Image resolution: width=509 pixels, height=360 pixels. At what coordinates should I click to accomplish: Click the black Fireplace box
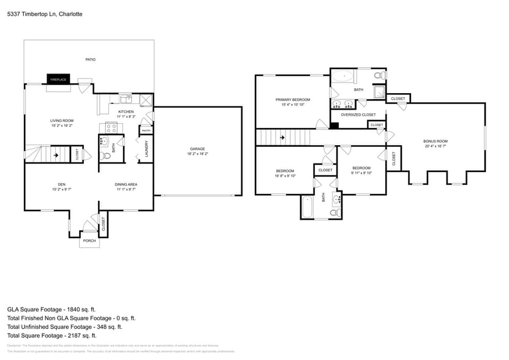coord(58,80)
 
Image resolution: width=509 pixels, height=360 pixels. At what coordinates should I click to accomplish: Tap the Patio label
coord(90,59)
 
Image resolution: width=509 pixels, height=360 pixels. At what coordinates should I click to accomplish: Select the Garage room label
coord(197,149)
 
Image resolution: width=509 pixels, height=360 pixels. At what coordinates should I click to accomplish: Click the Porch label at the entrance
coord(89,241)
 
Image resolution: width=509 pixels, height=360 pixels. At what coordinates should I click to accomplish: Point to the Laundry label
coord(146,149)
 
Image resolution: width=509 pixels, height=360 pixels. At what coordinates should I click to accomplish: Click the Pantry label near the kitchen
coord(146,130)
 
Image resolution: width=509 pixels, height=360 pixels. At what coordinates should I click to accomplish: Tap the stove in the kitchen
coord(112,128)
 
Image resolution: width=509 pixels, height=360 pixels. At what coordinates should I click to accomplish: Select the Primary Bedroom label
coord(293,100)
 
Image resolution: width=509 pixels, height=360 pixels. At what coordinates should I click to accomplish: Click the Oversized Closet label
coord(358,114)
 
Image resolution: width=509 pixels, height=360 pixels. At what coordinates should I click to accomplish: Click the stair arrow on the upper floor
coord(282,138)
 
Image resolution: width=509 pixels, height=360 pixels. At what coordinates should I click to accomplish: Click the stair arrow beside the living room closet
coord(56,155)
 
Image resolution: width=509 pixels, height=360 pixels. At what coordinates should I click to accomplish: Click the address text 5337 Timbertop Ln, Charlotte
coord(45,13)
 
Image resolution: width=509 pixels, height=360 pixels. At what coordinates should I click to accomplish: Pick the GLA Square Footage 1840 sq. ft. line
coord(51,309)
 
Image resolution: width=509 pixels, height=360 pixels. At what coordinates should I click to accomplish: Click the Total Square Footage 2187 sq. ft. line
coord(51,335)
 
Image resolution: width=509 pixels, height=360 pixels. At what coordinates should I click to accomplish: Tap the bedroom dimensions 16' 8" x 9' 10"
coord(285,176)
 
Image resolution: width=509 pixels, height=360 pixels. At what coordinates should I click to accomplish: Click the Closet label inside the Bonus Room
coord(393,159)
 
